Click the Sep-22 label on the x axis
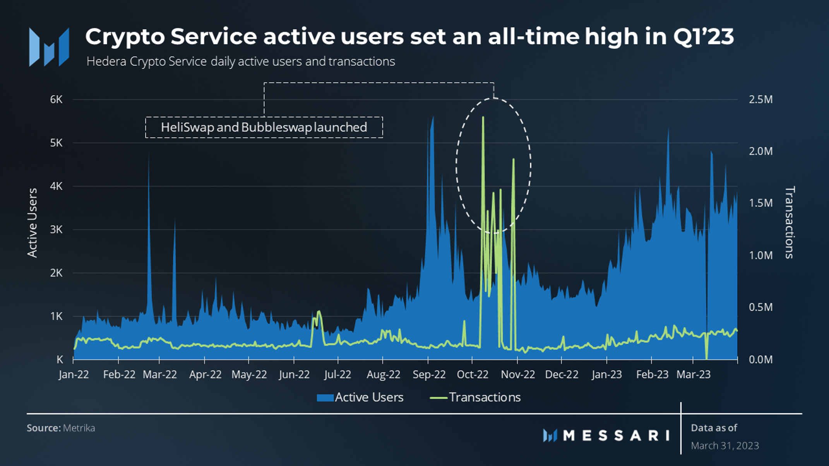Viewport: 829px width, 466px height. coord(429,374)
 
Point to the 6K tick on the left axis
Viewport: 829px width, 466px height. coord(56,100)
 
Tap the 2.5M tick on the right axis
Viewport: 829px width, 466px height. coord(760,100)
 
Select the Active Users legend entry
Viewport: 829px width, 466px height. coord(360,397)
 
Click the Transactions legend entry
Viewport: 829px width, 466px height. coord(476,397)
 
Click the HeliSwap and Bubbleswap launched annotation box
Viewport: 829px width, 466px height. coord(264,127)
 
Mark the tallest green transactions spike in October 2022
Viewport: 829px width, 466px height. coord(483,118)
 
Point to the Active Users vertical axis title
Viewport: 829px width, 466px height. coord(33,223)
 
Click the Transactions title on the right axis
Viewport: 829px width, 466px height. coord(789,223)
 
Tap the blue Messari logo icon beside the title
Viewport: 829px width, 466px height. coord(49,47)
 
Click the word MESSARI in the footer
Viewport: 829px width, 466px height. coord(616,436)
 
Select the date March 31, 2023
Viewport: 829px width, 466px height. coord(725,446)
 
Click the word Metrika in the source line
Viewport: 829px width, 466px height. coord(79,428)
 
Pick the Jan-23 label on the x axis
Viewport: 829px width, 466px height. coord(606,374)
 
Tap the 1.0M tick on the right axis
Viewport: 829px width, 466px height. coord(760,255)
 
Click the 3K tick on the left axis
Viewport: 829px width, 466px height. coord(56,230)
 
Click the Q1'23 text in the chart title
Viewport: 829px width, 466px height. coord(703,37)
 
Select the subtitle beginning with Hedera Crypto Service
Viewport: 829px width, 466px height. coord(241,61)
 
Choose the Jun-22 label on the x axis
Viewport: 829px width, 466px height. coord(294,374)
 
